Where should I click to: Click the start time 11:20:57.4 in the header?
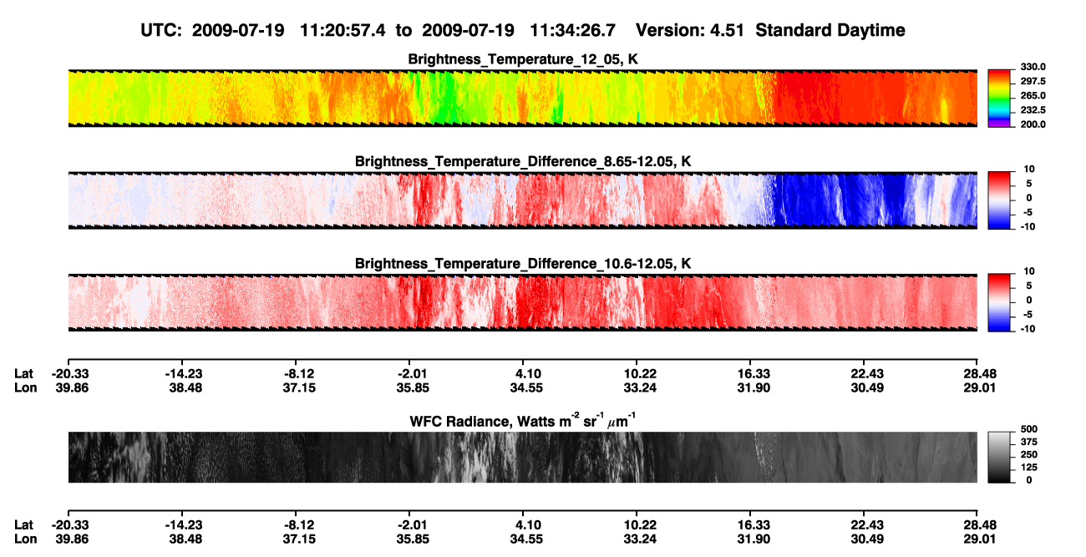[x=343, y=31]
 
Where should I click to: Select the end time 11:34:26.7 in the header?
[x=572, y=31]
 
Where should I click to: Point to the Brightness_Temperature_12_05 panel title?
[x=523, y=59]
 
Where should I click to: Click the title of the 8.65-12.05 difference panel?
[x=523, y=161]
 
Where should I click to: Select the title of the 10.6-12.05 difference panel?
[x=523, y=264]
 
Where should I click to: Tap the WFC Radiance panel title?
[x=523, y=421]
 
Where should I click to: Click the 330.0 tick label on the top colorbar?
[x=1033, y=67]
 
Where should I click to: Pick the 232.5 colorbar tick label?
[x=1033, y=110]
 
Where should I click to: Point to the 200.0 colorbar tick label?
[x=1033, y=124]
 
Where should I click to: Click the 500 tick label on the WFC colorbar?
[x=1029, y=429]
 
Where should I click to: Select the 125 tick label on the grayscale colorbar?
[x=1029, y=468]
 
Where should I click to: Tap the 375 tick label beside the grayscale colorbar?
[x=1029, y=442]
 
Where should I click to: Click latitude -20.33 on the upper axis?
[x=70, y=374]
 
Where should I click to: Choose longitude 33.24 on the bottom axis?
[x=640, y=539]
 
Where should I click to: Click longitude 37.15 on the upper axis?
[x=299, y=387]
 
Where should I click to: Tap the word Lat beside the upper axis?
[x=23, y=374]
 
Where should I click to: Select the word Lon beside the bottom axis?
[x=25, y=539]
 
